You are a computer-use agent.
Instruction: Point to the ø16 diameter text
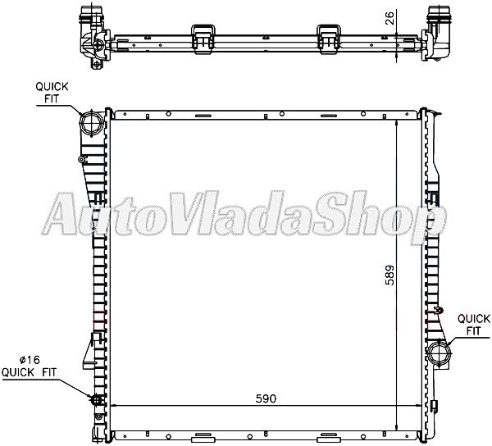(x=32, y=359)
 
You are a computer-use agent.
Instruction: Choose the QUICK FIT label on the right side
(x=473, y=324)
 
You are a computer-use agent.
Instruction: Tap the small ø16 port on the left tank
(x=94, y=400)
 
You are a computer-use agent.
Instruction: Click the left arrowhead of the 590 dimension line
(x=112, y=406)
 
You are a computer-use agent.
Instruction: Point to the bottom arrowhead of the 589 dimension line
(x=397, y=426)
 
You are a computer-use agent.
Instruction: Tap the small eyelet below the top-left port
(x=82, y=158)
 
